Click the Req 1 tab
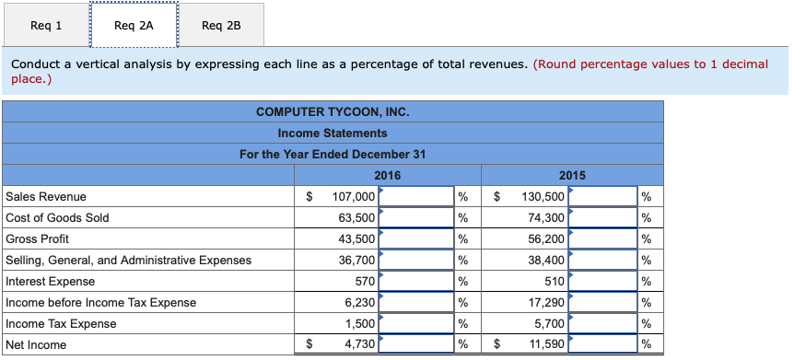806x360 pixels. [46, 25]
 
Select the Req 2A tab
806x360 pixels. [134, 25]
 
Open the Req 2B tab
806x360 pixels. [221, 25]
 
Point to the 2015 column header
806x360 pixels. [572, 175]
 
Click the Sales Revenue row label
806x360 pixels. [46, 196]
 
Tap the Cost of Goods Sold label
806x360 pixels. [57, 217]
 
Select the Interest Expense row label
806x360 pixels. [50, 281]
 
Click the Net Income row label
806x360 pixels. [36, 344]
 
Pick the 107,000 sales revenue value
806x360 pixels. [353, 196]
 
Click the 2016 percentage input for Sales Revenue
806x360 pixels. [415, 196]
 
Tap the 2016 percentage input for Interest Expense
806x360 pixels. [415, 281]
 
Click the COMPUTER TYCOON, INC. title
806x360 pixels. [333, 111]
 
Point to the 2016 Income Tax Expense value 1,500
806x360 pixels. [360, 323]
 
